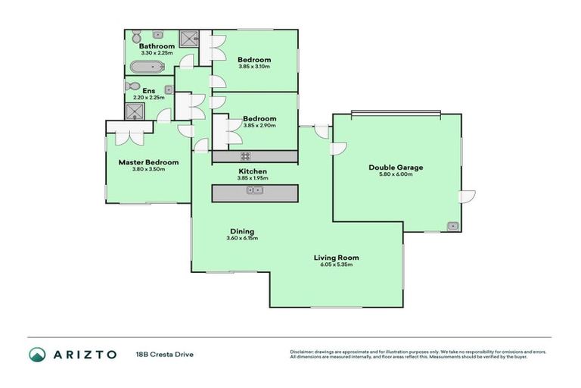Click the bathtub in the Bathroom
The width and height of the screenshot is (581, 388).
pos(147,67)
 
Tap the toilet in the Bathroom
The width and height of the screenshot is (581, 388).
pos(136,37)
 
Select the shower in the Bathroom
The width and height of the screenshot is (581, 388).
pos(189,39)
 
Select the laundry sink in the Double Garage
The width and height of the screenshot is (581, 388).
pos(452,225)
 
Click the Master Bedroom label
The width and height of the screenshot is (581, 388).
pos(148,162)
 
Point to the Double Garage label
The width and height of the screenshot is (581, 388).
pos(396,167)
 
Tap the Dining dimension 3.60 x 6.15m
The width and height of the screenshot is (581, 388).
pos(242,239)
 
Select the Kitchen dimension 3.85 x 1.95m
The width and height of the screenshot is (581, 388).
pos(253,179)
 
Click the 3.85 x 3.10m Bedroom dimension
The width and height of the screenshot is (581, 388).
pos(254,67)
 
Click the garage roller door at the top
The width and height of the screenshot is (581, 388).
pos(396,114)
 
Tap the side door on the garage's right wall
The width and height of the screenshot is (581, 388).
pos(467,196)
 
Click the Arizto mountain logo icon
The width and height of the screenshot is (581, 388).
pos(37,354)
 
